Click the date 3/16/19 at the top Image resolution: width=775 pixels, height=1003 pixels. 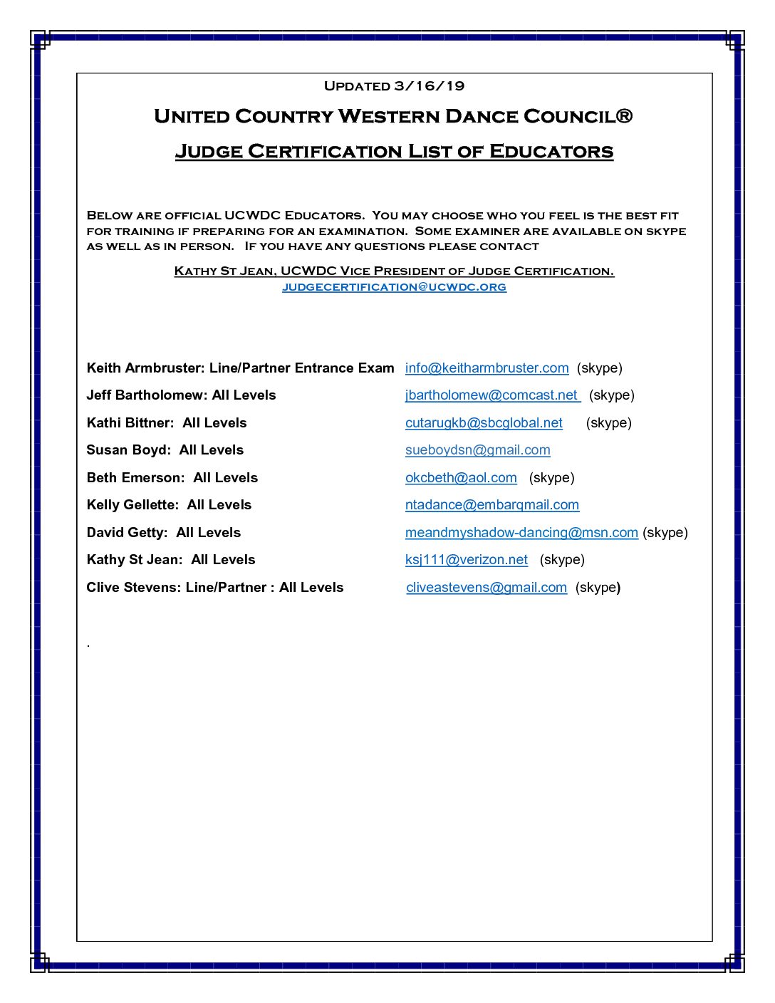429,86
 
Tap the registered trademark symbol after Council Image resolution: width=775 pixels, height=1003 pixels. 623,115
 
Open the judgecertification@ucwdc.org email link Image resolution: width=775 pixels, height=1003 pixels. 394,287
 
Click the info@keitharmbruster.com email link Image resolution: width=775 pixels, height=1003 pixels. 487,368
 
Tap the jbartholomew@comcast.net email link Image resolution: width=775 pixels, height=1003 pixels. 492,395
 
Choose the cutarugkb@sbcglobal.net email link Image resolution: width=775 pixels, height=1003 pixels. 484,423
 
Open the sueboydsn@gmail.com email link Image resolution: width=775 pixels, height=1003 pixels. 477,450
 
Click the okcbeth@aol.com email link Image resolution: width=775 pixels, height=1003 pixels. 461,478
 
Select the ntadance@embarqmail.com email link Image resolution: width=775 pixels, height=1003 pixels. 491,505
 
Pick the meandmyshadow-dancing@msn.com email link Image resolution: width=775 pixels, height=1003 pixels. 521,533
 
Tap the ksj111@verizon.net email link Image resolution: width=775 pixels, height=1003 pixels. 466,560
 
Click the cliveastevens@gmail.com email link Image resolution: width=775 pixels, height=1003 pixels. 486,588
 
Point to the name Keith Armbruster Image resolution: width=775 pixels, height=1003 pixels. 145,368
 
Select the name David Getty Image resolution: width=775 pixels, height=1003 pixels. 126,533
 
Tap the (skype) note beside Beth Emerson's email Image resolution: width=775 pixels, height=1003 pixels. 551,478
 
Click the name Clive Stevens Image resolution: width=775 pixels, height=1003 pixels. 132,588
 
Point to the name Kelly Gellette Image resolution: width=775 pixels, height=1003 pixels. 132,505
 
